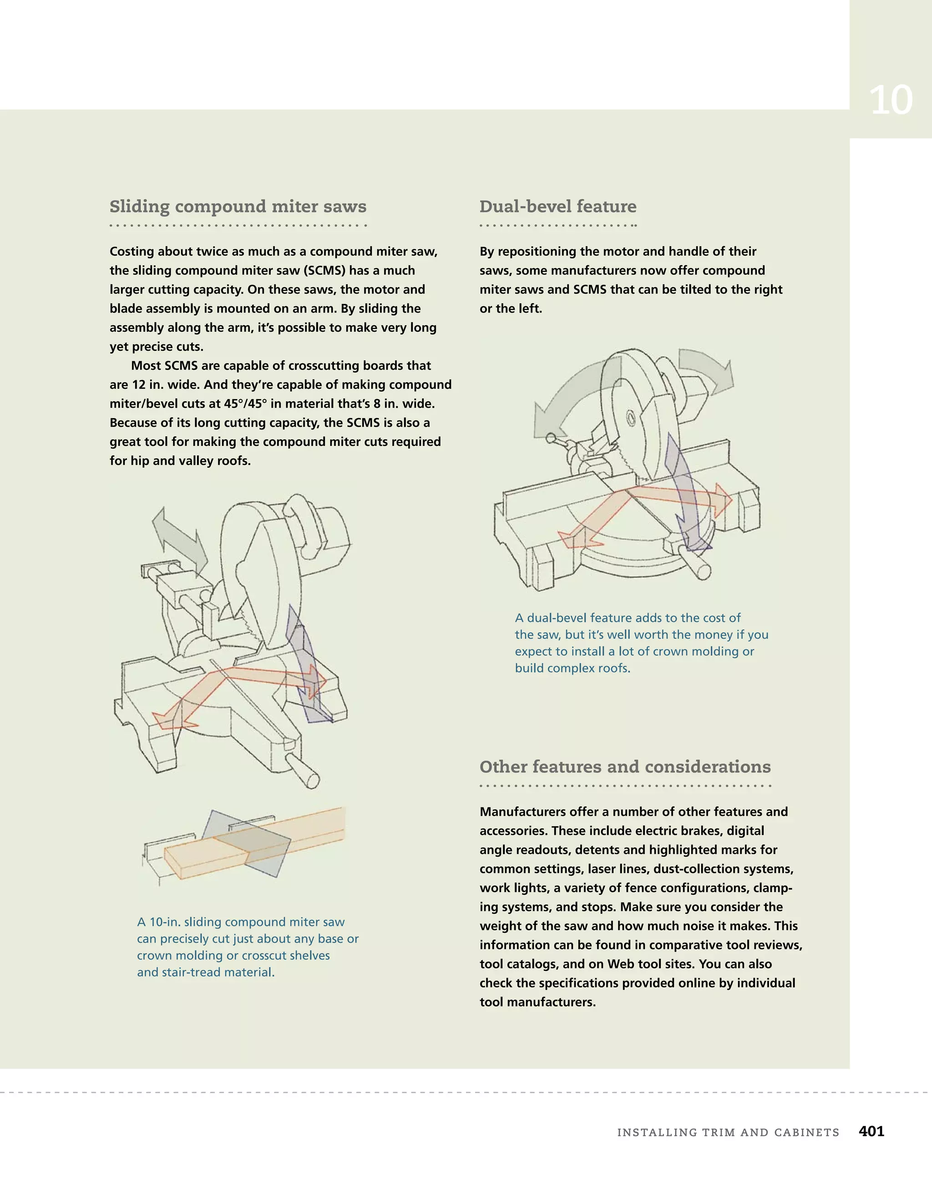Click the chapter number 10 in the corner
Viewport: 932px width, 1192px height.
point(891,101)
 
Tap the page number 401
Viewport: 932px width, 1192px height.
point(871,1131)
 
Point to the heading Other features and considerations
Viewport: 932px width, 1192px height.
point(625,767)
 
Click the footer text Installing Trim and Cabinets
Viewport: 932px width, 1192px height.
point(728,1132)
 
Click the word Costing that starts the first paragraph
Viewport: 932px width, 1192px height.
point(132,252)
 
